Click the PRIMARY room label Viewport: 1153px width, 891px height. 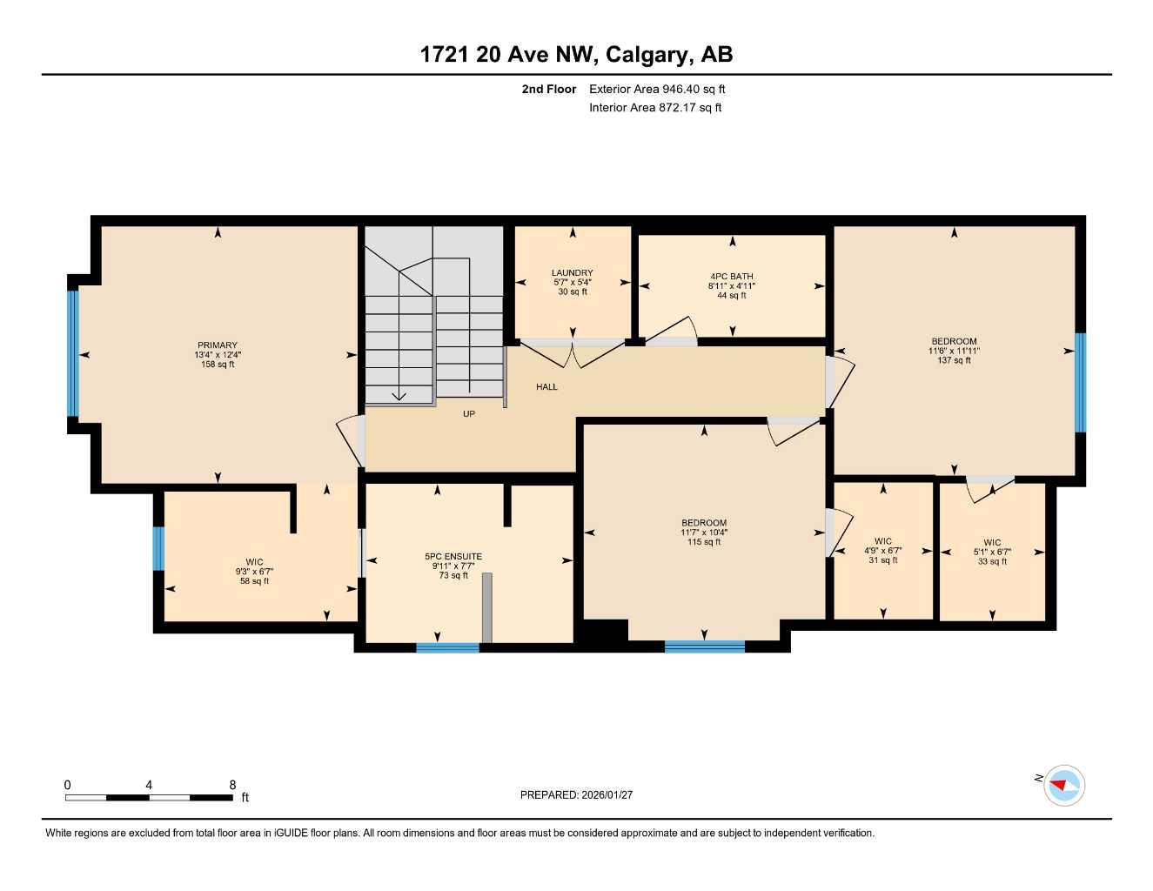click(217, 345)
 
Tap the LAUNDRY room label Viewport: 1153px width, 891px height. click(572, 272)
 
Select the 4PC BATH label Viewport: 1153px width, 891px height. click(732, 276)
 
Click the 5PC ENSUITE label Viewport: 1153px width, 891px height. click(452, 556)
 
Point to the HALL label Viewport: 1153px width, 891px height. click(546, 386)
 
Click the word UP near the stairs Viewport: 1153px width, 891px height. click(468, 414)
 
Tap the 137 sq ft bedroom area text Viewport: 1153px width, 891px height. click(954, 360)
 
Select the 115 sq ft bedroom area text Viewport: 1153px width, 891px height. click(704, 542)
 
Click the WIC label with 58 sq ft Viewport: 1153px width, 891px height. click(254, 562)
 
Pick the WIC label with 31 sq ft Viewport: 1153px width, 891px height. click(882, 541)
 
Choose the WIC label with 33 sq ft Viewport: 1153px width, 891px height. click(992, 543)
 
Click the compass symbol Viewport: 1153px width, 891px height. click(1063, 785)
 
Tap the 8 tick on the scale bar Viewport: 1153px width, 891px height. click(232, 785)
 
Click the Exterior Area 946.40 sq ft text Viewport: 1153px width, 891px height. click(657, 89)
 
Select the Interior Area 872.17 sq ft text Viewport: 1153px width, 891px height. click(655, 108)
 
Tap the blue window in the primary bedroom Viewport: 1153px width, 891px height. click(73, 353)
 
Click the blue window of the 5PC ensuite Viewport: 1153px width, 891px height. click(447, 647)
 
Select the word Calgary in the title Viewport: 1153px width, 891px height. click(647, 55)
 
